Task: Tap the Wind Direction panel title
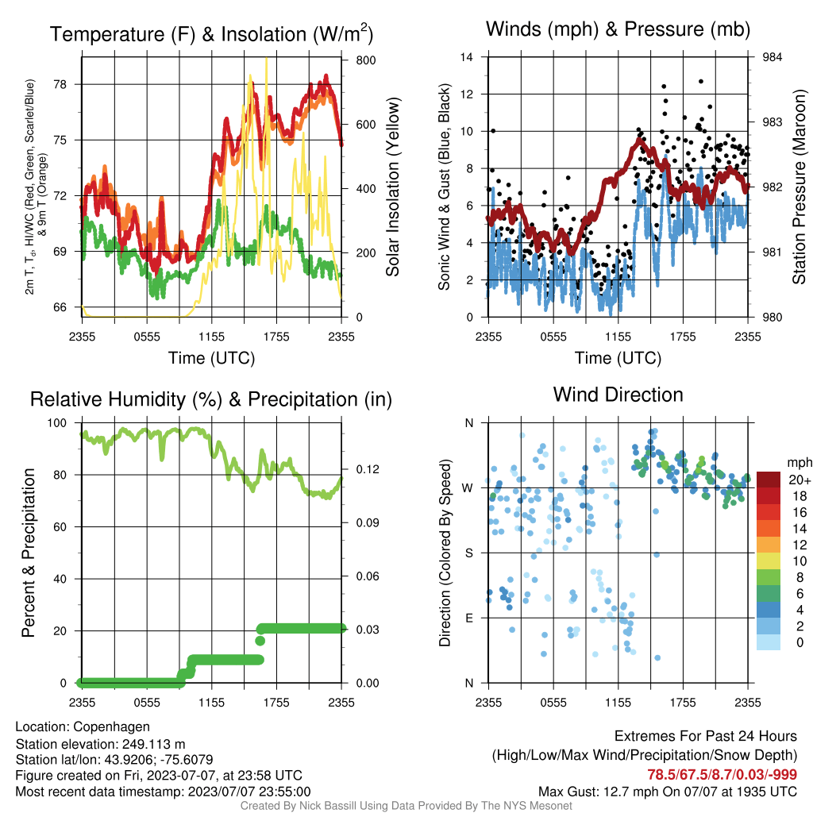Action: pyautogui.click(x=618, y=395)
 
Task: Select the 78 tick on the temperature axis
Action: pyautogui.click(x=60, y=84)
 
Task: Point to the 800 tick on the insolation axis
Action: pyautogui.click(x=365, y=60)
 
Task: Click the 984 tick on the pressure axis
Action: pyautogui.click(x=772, y=57)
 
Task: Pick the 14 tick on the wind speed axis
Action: pyautogui.click(x=467, y=57)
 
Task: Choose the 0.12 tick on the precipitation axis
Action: pyautogui.click(x=367, y=469)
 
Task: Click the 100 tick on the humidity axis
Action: pyautogui.click(x=57, y=423)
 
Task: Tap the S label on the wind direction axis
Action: pyautogui.click(x=468, y=553)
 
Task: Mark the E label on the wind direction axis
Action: pyautogui.click(x=468, y=618)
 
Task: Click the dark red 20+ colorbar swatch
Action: pyautogui.click(x=769, y=479)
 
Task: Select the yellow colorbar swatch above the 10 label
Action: pyautogui.click(x=769, y=561)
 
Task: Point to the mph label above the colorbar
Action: pyautogui.click(x=800, y=463)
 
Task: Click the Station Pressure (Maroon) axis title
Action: pyautogui.click(x=799, y=187)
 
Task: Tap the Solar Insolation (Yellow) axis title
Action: pyautogui.click(x=393, y=187)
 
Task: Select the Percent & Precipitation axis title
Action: pyautogui.click(x=28, y=553)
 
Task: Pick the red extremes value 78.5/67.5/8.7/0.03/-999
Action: pyautogui.click(x=722, y=775)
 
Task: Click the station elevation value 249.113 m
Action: pyautogui.click(x=153, y=744)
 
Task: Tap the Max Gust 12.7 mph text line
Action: pyautogui.click(x=667, y=792)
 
